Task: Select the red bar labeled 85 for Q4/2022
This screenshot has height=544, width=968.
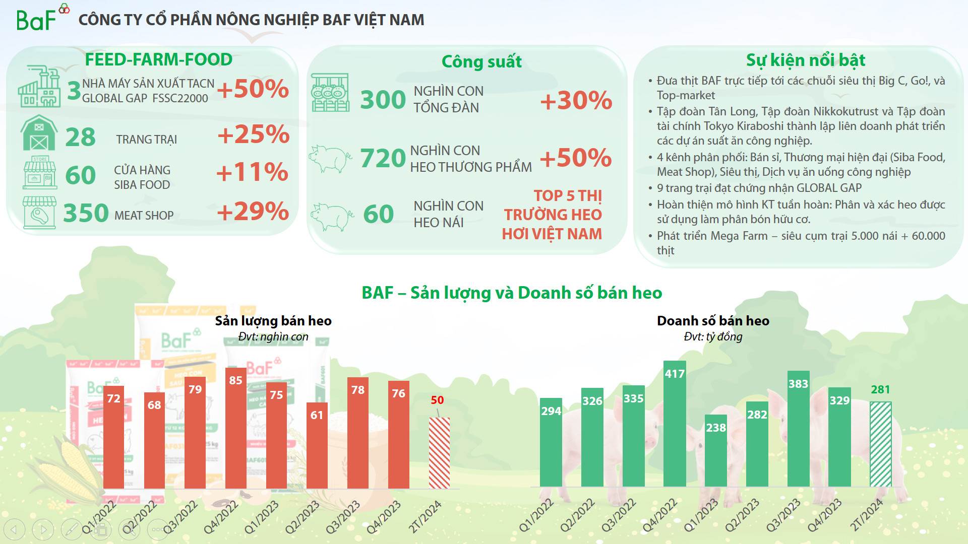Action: (x=235, y=428)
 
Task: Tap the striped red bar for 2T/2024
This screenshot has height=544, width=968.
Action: (x=439, y=453)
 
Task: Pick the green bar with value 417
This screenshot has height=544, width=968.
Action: (x=675, y=424)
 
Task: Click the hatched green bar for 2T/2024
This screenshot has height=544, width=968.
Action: (x=880, y=444)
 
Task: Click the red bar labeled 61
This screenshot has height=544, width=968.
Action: (x=317, y=445)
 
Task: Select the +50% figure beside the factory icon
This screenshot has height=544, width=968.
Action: (x=253, y=89)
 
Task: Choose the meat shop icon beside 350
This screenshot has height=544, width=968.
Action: (x=39, y=213)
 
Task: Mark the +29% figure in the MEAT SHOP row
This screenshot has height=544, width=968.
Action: (x=253, y=212)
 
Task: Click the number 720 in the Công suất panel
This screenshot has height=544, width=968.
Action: (x=383, y=158)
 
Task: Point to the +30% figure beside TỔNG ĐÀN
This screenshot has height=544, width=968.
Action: (x=576, y=100)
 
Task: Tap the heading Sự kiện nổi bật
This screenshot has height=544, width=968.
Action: (x=806, y=60)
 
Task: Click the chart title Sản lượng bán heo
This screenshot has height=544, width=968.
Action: (x=273, y=321)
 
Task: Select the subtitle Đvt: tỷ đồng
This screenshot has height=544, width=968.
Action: (x=713, y=337)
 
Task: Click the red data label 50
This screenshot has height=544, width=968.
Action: (x=437, y=400)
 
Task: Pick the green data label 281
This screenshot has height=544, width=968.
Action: (x=880, y=389)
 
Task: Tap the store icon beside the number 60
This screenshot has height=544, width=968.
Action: (x=40, y=173)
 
